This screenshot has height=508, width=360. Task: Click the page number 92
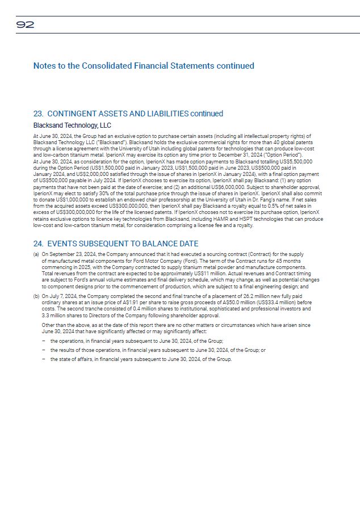click(25, 24)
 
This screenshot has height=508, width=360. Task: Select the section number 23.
click(39, 114)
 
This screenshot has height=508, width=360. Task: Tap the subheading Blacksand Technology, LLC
click(72, 125)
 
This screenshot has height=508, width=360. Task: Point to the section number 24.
click(39, 244)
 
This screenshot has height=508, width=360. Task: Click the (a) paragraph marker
click(36, 255)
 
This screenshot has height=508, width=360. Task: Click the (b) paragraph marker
click(36, 295)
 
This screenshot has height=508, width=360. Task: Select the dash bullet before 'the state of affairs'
click(44, 359)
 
